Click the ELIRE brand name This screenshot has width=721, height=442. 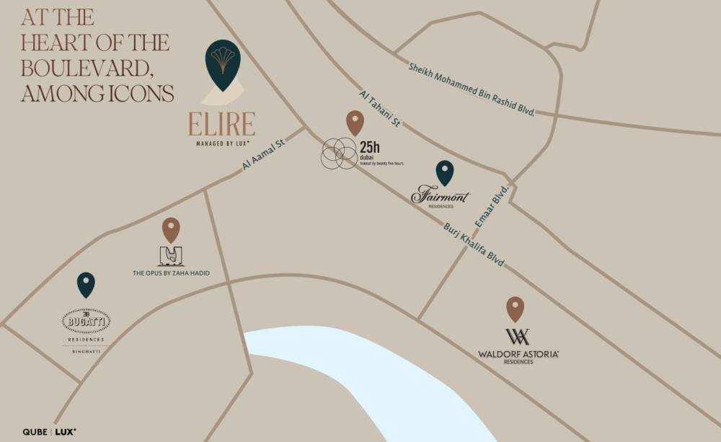click(222, 124)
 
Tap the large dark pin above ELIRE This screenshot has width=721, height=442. click(223, 63)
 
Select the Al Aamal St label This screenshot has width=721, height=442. click(265, 154)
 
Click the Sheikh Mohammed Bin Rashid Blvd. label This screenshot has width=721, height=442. click(472, 90)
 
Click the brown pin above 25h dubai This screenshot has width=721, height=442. click(355, 122)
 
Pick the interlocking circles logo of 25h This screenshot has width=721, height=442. click(339, 154)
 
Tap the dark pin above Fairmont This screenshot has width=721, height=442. click(445, 172)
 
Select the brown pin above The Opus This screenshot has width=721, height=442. click(171, 229)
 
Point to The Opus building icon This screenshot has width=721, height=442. click(171, 256)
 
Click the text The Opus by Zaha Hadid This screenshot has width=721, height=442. click(171, 273)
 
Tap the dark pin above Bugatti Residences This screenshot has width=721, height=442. click(86, 284)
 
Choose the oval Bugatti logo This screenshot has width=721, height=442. click(87, 320)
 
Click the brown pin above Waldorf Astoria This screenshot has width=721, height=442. click(515, 308)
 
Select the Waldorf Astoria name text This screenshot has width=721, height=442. click(518, 353)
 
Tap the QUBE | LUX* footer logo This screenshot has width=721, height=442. click(50, 431)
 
